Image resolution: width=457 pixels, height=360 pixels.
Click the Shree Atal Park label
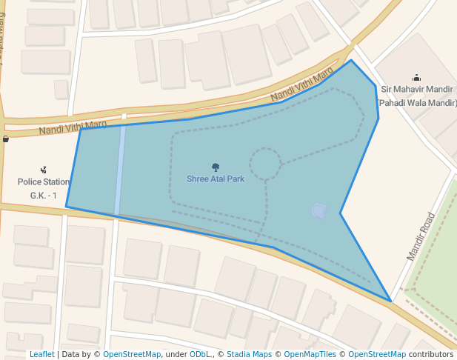216,179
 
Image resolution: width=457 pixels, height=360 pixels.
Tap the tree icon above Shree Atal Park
216,167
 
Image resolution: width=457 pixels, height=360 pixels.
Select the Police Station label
44,181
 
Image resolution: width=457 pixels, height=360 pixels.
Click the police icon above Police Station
44,170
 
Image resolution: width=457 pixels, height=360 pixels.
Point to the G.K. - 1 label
44,196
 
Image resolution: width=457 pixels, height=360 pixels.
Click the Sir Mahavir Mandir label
416,90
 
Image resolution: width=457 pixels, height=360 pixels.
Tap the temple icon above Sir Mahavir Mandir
416,78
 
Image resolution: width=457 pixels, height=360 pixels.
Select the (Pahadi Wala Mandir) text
417,103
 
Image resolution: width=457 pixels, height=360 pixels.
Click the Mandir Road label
421,236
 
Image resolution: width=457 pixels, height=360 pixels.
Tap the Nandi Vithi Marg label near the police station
73,128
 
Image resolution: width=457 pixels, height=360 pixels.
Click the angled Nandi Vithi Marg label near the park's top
302,86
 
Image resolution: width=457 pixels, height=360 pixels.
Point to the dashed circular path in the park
264,163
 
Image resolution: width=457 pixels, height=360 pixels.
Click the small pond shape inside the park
318,211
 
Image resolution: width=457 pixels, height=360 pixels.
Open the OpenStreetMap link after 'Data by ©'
132,354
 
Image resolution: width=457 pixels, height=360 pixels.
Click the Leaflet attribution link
42,354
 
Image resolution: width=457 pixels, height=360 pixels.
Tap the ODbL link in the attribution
200,354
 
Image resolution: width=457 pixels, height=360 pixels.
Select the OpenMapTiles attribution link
310,354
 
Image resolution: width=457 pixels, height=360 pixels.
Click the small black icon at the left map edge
6,139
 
